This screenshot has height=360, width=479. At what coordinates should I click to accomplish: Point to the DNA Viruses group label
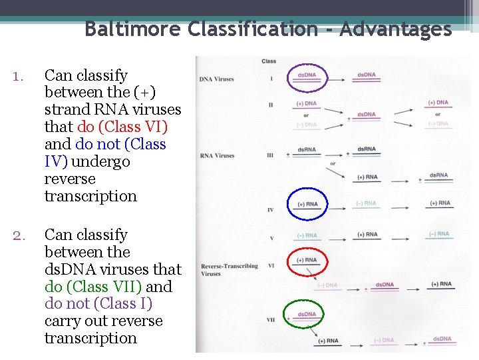tap(216, 79)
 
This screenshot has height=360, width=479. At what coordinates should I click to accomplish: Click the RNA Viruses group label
tap(217, 156)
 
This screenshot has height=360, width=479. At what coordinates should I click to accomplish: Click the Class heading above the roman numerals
tap(269, 61)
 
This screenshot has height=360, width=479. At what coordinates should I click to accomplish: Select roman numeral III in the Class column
tap(271, 156)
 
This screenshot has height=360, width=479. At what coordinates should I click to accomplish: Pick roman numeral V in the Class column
tap(271, 237)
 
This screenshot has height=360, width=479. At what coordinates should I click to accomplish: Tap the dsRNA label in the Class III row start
tap(307, 151)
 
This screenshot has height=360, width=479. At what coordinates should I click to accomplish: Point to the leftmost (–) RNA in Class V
tap(307, 235)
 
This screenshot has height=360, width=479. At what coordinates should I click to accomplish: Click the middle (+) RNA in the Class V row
tap(367, 235)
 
